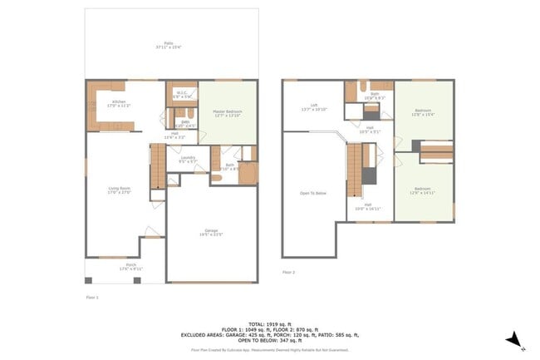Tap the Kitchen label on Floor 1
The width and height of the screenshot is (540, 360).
point(120,104)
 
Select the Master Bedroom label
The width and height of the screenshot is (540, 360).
point(226,113)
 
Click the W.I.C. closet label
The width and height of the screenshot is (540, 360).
point(182,94)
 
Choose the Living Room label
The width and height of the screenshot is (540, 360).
point(120,190)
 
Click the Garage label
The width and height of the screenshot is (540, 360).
point(211,232)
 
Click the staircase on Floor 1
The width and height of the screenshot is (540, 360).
point(158,165)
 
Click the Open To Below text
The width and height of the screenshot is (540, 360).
point(312,192)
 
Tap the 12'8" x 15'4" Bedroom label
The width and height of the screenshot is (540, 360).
point(424,113)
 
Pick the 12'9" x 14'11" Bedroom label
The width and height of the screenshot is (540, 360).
point(424,190)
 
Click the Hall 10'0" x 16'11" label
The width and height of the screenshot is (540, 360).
point(368,206)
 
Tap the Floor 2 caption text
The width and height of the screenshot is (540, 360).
point(288,272)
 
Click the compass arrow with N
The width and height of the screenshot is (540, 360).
point(515,339)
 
